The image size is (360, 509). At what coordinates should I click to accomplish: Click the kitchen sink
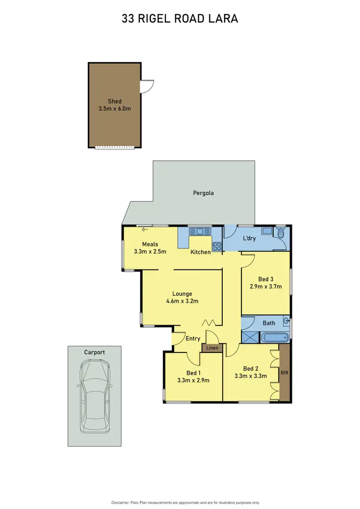(197, 231)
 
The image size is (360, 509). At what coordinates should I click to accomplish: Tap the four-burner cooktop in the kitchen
(217, 247)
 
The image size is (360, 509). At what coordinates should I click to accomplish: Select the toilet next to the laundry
(282, 233)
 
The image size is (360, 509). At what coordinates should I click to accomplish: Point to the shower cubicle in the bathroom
(250, 337)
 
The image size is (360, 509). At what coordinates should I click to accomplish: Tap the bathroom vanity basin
(286, 321)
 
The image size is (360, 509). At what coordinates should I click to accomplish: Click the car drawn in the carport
(95, 396)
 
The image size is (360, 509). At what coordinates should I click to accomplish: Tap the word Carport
(95, 352)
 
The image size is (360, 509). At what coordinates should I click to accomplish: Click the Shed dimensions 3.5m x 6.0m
(114, 109)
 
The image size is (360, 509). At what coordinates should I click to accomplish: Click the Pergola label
(203, 193)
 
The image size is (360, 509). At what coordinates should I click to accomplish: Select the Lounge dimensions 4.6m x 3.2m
(182, 301)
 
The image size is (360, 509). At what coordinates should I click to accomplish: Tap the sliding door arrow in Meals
(145, 230)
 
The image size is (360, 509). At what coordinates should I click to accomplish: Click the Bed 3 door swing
(247, 260)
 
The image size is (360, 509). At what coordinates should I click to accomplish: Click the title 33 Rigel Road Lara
(180, 19)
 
